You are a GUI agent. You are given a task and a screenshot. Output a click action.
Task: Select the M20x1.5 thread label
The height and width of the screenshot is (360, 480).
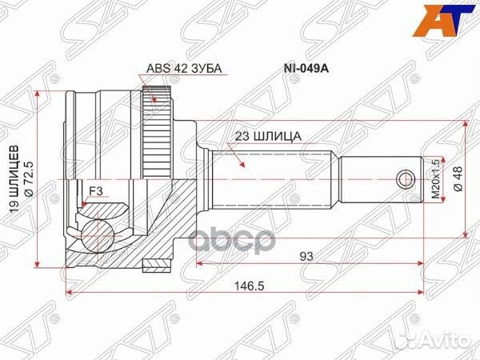436,178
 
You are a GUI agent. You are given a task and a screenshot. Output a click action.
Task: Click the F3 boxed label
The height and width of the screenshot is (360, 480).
95,190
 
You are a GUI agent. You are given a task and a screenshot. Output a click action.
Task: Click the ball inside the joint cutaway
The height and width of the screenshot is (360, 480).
98,236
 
